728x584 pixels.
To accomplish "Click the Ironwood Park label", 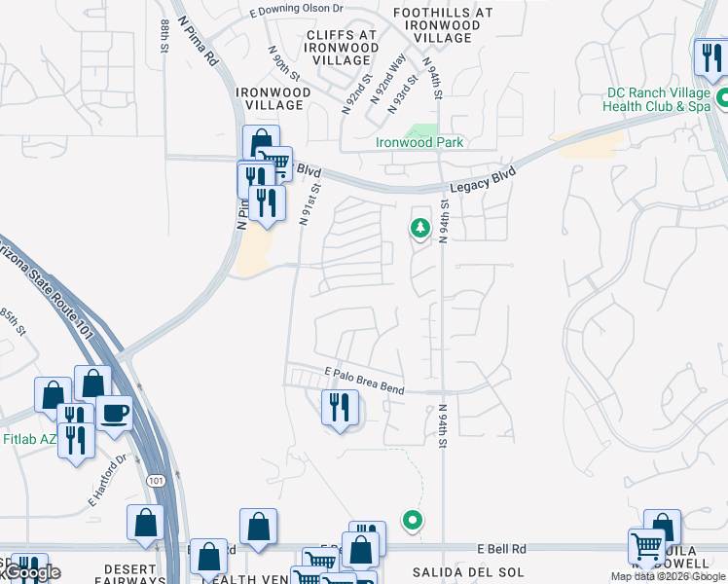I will click(420, 142).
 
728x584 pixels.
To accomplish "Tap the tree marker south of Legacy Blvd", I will click(420, 229).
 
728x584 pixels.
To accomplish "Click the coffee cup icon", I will click(114, 412).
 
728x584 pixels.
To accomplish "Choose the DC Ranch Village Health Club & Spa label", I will click(659, 99).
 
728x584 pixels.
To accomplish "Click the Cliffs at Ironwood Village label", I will click(342, 47).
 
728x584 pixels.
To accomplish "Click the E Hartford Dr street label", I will click(107, 481).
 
